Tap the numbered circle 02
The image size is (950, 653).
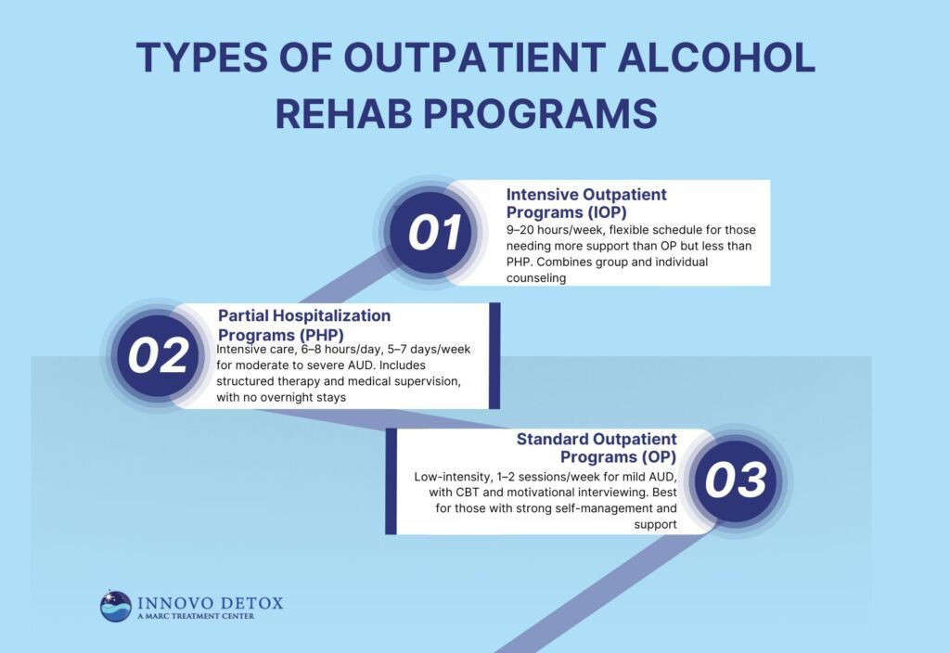[x=157, y=356]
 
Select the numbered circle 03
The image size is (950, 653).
[x=736, y=480]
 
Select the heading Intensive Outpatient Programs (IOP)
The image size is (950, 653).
[x=586, y=203]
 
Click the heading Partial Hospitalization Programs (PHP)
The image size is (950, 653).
[x=304, y=325]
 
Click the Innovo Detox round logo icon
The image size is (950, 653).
[x=116, y=606]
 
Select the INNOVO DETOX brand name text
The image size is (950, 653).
[x=211, y=603]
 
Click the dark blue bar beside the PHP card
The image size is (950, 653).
[x=494, y=355]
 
